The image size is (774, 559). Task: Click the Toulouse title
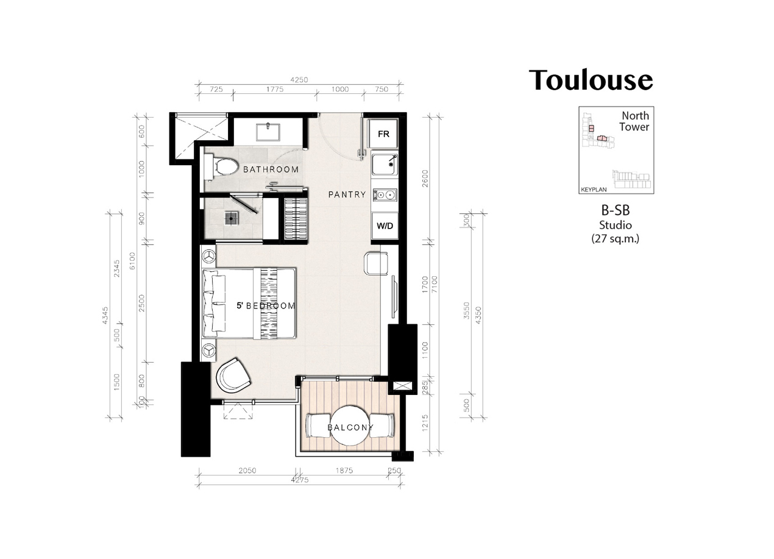[x=591, y=80]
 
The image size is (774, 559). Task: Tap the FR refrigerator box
[x=383, y=134]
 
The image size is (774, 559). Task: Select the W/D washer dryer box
[x=385, y=226]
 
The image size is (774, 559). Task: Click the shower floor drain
[x=231, y=218]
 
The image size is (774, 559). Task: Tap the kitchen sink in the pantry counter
[x=385, y=165]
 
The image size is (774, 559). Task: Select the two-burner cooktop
[x=385, y=195]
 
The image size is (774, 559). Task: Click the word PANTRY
[x=347, y=194]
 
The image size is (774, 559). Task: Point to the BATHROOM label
[x=271, y=169]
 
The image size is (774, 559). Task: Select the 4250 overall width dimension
[x=299, y=80]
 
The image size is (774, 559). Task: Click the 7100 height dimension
[x=435, y=284]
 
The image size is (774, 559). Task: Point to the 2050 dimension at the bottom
[x=247, y=470]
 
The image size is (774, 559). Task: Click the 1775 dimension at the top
[x=275, y=89]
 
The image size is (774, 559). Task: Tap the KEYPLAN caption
[x=594, y=190]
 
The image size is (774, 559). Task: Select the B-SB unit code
[x=616, y=210]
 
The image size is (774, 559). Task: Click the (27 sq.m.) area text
[x=616, y=238]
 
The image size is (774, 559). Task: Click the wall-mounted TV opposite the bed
[x=394, y=297]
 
